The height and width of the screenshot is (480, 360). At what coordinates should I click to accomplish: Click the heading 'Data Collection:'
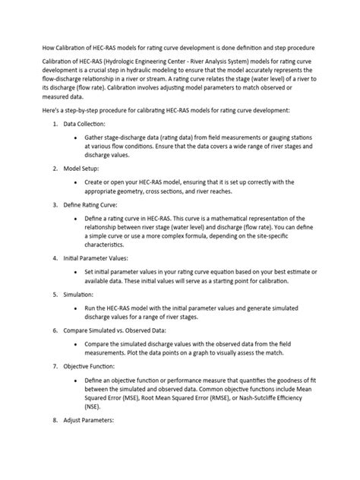point(84,123)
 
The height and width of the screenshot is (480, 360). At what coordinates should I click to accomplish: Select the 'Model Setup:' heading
point(81,167)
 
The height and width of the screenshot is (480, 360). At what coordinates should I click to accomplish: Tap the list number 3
point(53,204)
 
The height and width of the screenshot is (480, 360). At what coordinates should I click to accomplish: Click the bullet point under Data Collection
point(77,137)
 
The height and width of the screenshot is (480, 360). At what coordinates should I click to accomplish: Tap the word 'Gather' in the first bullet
point(96,137)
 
